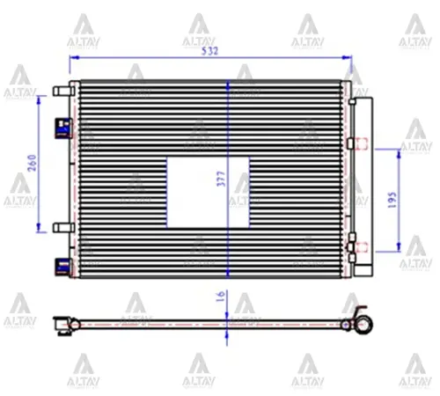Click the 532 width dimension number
coord(209,50)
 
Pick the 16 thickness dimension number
coord(221,299)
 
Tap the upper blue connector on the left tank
coord(62,128)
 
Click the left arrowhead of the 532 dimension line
coord(72,57)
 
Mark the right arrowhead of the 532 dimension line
coord(348,57)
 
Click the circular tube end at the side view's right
coord(360,327)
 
